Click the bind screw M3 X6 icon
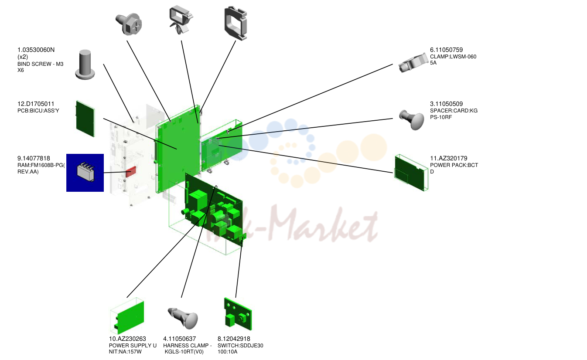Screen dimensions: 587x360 (x=85, y=65)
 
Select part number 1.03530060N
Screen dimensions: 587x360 (x=36, y=50)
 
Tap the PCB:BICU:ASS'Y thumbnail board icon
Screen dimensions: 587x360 (x=85, y=119)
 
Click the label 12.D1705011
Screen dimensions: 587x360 (x=36, y=104)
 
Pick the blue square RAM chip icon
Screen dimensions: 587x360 (x=85, y=173)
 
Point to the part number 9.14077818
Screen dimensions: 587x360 (x=34, y=158)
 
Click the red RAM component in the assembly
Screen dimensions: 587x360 (x=131, y=172)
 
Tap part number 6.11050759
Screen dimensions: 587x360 (x=446, y=50)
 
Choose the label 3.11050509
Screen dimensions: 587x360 (x=446, y=104)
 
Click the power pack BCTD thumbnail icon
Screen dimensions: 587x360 (x=411, y=173)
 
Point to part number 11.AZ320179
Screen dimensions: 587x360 (x=449, y=158)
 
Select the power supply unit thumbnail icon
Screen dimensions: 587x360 (x=127, y=316)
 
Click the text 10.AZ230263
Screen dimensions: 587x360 (x=127, y=339)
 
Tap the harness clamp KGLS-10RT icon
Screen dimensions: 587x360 (x=183, y=318)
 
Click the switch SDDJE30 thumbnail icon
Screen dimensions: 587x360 (x=238, y=314)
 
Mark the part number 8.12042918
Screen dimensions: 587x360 (x=234, y=339)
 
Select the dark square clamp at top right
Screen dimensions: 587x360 (x=236, y=23)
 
